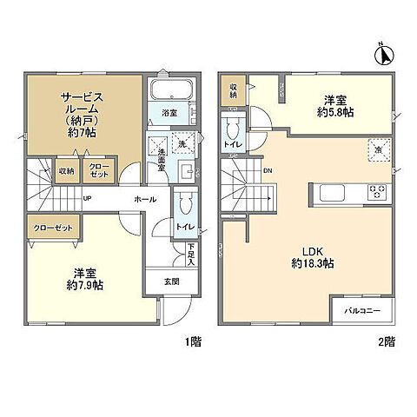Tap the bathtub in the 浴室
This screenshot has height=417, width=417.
[168, 91]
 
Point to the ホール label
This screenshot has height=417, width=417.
[145, 200]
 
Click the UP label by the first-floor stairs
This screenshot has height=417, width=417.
[88, 198]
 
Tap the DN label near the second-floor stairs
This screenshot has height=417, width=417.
[268, 170]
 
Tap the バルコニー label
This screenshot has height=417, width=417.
[362, 309]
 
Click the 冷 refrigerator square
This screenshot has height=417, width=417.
[378, 148]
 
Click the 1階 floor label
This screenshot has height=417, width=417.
[193, 341]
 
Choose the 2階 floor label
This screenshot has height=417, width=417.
[386, 341]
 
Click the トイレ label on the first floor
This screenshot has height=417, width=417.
[184, 226]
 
